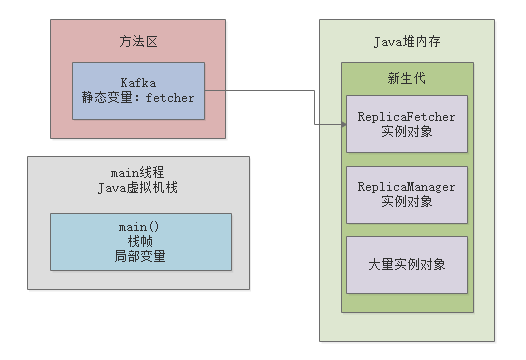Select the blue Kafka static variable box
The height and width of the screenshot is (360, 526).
tap(139, 91)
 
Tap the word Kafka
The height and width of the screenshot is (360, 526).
tap(139, 81)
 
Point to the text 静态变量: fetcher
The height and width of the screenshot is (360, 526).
tap(139, 98)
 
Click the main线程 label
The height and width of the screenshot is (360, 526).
tap(139, 173)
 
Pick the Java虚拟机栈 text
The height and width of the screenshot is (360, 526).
tap(139, 189)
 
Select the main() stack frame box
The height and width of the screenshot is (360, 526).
tap(140, 241)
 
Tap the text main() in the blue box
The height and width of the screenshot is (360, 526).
tap(140, 227)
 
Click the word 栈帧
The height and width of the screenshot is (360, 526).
tap(140, 241)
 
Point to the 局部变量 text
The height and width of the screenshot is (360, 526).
tap(140, 256)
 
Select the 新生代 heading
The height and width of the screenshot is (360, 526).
tap(406, 79)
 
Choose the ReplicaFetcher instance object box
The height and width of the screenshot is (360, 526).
tap(406, 124)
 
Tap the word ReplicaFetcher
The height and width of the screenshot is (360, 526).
tap(406, 117)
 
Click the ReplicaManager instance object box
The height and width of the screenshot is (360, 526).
tap(406, 194)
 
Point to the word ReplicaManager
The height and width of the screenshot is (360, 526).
tap(406, 187)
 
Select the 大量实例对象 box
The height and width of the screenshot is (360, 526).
tap(406, 265)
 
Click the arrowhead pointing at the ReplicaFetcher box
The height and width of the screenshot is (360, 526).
tap(341, 124)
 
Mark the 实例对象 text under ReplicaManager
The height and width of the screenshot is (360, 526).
tap(406, 202)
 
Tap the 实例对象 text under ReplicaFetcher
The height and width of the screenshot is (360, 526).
tap(406, 132)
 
